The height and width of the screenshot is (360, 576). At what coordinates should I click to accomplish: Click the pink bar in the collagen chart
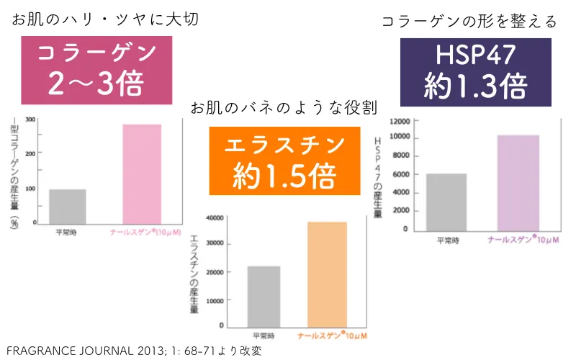[x=141, y=174]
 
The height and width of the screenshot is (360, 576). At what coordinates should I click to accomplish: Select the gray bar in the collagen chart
[x=68, y=206]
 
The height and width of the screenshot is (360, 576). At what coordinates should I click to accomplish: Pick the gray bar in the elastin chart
[x=264, y=294]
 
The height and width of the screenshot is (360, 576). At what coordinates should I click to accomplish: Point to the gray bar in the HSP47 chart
[x=446, y=201]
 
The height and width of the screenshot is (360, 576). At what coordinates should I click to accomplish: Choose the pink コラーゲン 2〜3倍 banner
[x=96, y=71]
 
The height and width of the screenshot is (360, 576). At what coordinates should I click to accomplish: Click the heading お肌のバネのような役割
[x=283, y=108]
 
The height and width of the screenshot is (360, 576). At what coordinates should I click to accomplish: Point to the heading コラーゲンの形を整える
[x=469, y=22]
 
